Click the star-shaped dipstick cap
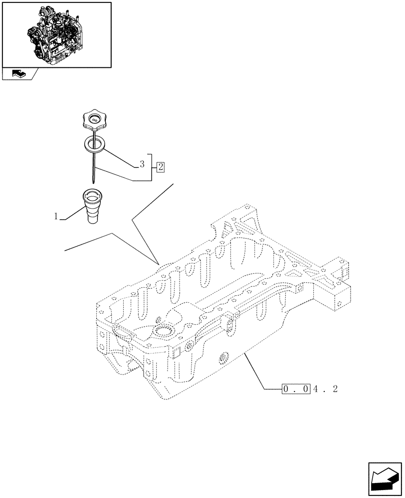[93, 121]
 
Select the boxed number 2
[160, 166]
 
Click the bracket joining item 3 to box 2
[151, 166]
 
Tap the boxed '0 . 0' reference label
[296, 389]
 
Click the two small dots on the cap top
[94, 119]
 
